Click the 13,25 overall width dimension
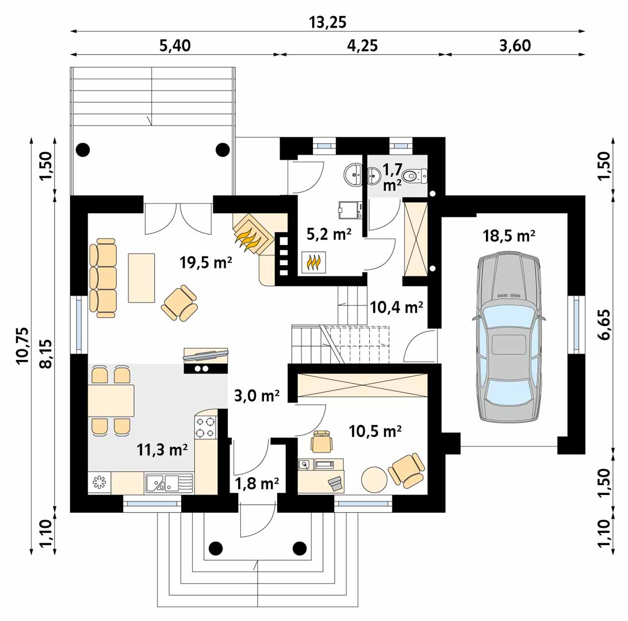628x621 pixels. pos(327,22)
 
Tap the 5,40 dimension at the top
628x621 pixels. pos(175,45)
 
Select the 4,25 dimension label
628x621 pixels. pos(362,45)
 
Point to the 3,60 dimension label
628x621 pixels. pos(515,45)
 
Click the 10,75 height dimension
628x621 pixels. pos(23,346)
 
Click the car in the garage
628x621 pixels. pos(508,337)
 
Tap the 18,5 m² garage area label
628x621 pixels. pos(508,236)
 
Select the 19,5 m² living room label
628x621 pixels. pos(206,262)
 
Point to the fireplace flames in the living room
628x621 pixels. pos(248,239)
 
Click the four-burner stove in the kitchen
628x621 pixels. pos(205,427)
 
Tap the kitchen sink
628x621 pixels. pos(168,482)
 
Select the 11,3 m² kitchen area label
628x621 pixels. pos(162,450)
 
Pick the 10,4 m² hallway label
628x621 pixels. pos(396,308)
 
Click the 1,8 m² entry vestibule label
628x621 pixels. pos(256,484)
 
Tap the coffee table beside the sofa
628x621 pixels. pos(141,278)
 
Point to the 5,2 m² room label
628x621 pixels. pos(329,234)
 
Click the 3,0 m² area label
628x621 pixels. pos(256,396)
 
